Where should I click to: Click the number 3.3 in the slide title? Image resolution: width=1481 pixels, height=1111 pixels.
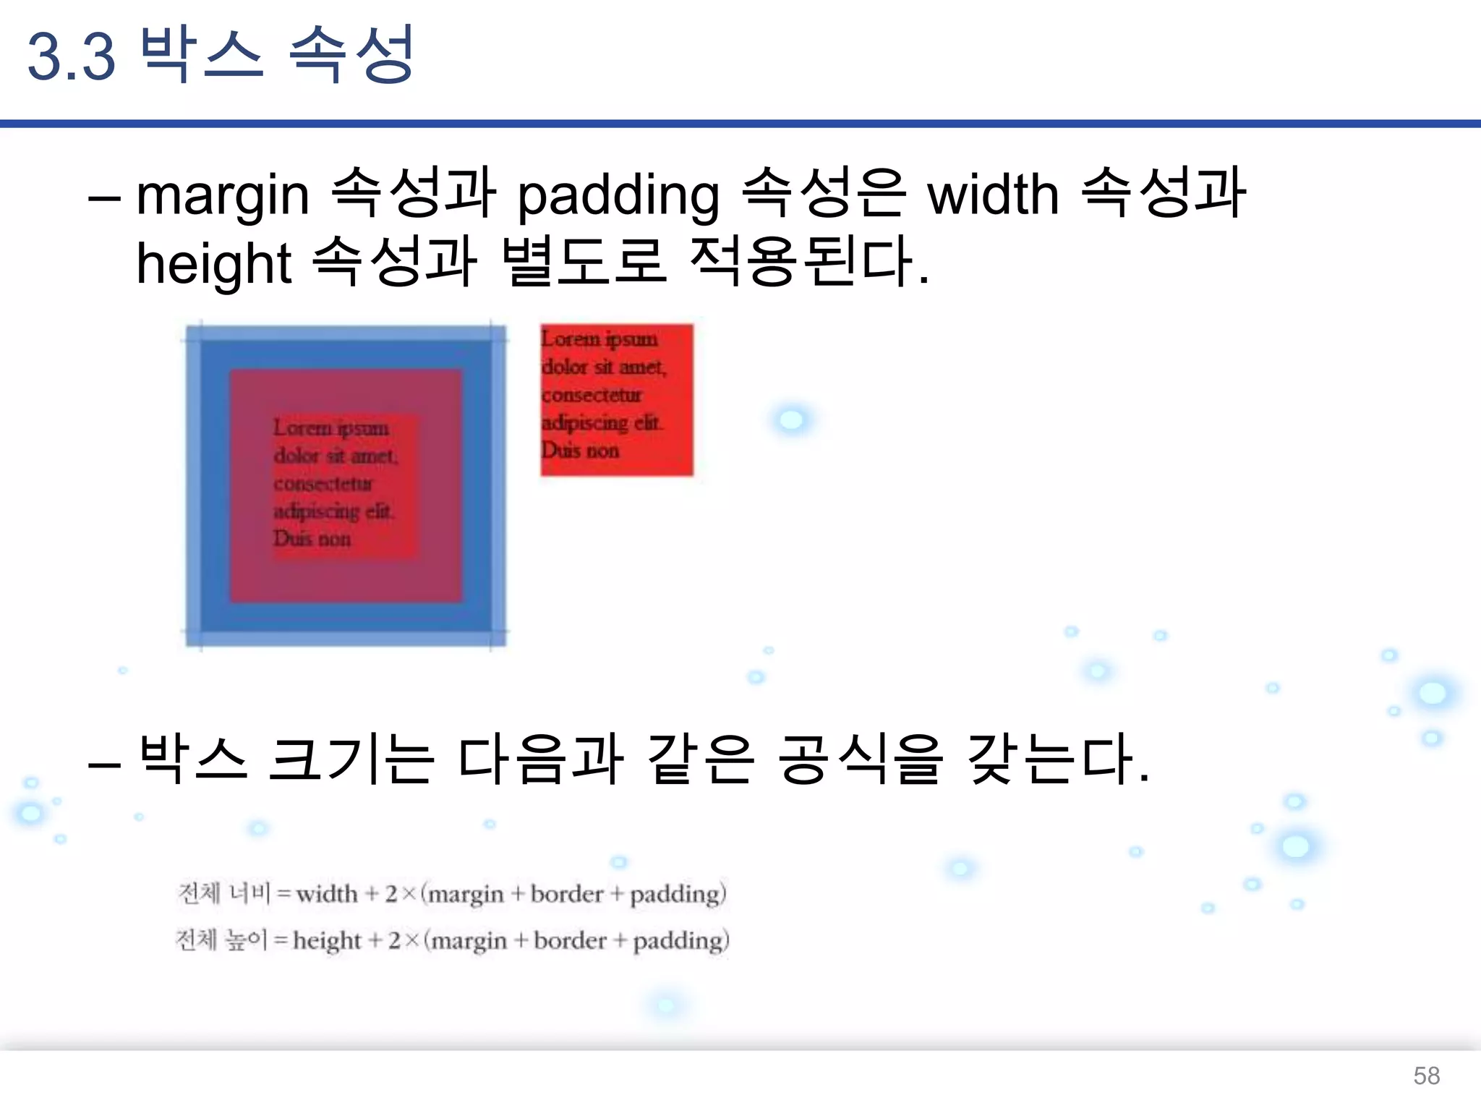coord(71,56)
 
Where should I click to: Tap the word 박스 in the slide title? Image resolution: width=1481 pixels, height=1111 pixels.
coord(201,54)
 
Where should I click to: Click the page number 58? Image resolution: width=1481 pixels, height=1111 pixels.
coord(1426,1076)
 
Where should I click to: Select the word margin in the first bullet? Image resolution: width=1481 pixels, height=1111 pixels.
coord(223,195)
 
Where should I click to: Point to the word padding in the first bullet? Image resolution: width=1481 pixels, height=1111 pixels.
coord(618,195)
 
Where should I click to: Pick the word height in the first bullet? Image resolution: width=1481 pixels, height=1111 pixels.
coord(213,264)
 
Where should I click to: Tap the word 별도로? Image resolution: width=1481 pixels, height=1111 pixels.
coord(582,262)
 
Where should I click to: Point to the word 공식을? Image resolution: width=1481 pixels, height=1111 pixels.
coord(861,759)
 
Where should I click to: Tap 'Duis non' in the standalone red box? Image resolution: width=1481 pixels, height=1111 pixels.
coord(580,451)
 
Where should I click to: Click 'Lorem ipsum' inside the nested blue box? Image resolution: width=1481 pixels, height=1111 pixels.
coord(331,428)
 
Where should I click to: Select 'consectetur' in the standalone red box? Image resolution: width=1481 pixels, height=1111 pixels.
coord(592,395)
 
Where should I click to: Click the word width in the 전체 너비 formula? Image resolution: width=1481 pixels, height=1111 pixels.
coord(327,894)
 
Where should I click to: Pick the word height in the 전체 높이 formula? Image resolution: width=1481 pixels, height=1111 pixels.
coord(327,941)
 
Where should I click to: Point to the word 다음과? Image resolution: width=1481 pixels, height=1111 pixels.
coord(541,759)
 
